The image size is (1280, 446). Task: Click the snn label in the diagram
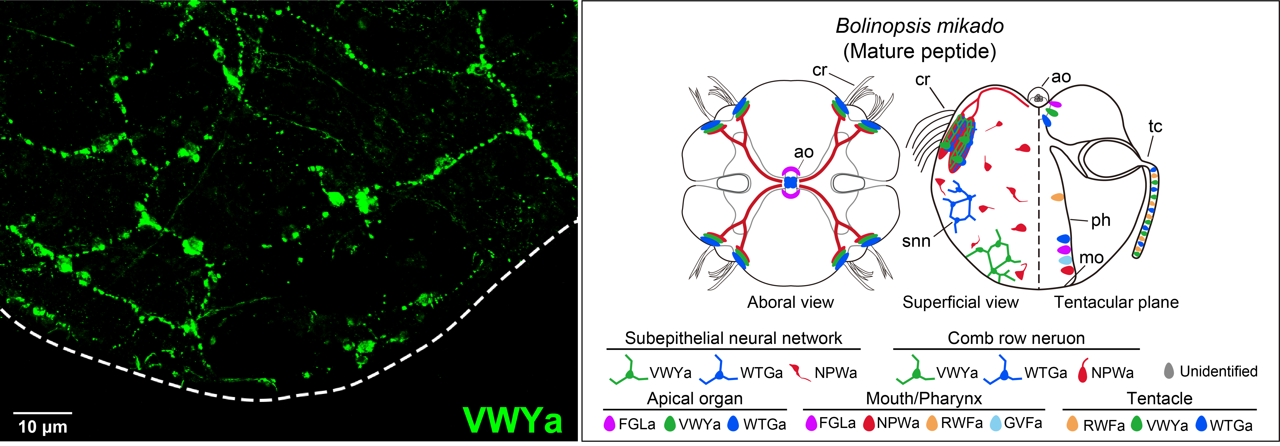coord(916,241)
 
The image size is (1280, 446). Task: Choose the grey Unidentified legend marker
coord(1169,371)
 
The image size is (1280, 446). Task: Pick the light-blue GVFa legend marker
coord(995,423)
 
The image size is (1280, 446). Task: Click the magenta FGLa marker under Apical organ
coord(609,424)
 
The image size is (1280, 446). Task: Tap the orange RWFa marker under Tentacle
coord(1072,424)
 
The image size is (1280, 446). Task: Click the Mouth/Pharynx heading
coord(924,398)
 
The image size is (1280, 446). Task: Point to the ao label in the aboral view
coord(803,152)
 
